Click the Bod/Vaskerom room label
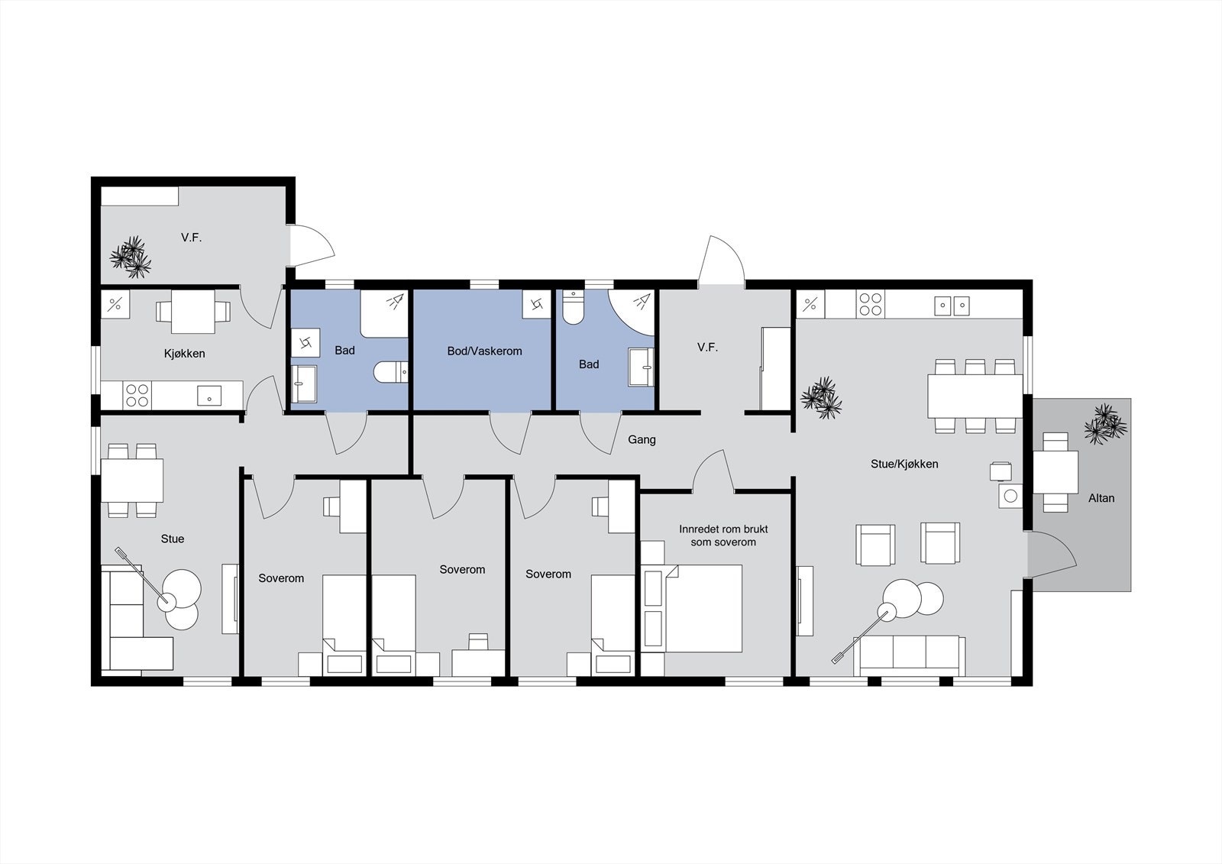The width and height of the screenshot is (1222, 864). (484, 351)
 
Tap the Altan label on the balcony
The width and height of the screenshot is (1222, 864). (1101, 498)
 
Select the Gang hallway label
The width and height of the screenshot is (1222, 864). (642, 439)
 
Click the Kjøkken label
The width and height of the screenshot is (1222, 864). (184, 354)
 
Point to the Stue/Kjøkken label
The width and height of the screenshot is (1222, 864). (904, 464)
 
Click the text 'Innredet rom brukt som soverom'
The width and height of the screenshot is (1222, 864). (723, 536)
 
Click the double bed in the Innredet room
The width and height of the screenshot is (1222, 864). (703, 608)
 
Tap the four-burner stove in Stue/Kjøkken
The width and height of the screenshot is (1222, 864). (870, 304)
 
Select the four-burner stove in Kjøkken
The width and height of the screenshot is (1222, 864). (137, 395)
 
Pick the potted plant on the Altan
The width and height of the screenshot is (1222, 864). (1104, 424)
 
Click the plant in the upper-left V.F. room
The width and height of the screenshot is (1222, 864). (131, 257)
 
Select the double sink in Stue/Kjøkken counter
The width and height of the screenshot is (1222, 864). (952, 306)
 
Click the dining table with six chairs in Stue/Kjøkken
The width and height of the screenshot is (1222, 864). (975, 395)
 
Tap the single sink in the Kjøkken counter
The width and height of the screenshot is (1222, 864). (209, 395)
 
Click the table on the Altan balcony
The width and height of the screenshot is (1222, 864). (1056, 471)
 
